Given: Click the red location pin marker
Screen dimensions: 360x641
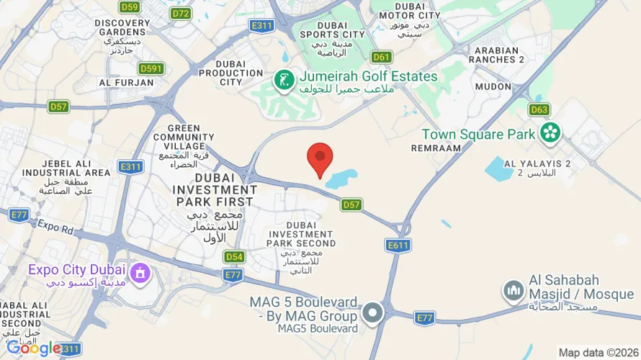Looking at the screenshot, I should coord(320,158).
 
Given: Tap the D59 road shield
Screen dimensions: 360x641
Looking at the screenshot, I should coord(130,7).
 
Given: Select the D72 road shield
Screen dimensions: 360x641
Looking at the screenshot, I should coord(181,13).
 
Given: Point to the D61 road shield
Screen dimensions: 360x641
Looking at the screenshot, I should coord(382,57).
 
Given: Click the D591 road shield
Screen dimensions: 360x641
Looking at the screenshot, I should coord(151,68).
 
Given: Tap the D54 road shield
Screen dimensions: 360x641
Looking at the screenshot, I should coord(233,256).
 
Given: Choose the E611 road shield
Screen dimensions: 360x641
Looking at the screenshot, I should coord(398,246).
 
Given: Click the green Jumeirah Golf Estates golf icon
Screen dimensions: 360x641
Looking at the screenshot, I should coord(284,80).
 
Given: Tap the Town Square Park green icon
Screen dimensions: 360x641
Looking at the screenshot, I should coord(551,132).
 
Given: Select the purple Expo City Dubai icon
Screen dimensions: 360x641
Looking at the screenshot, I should coord(140,273).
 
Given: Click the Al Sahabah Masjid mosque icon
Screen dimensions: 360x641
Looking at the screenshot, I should coord(514,291).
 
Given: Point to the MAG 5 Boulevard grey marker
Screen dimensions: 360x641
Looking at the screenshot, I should coord(372,312).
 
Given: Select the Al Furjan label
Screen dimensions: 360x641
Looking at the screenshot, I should coord(127,82).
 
